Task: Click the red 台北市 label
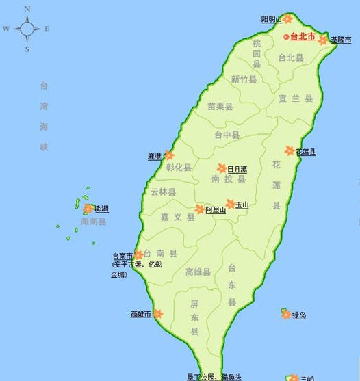click(303, 37)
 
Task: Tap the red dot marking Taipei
click(287, 37)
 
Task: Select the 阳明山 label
click(272, 19)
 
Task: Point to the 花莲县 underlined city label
click(305, 152)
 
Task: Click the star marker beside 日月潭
click(222, 168)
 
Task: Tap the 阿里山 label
click(216, 210)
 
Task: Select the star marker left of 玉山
click(231, 204)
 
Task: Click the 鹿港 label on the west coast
click(154, 157)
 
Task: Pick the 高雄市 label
click(140, 315)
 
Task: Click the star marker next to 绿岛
click(285, 314)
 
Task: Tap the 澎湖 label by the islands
click(101, 209)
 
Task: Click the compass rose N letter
click(27, 10)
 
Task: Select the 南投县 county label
click(224, 180)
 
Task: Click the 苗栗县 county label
click(220, 107)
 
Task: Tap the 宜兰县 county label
click(295, 98)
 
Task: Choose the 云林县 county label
click(163, 192)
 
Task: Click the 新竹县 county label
click(244, 79)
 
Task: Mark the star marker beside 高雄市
click(158, 314)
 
